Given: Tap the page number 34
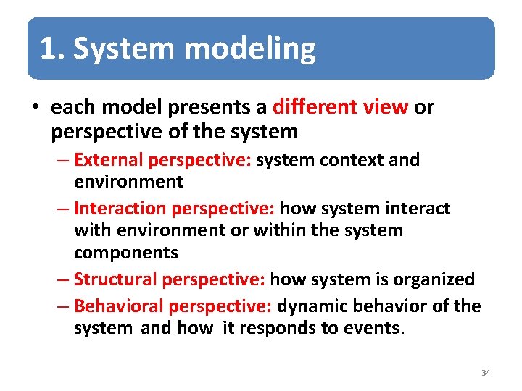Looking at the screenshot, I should [486, 373].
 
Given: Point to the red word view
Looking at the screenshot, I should [389, 107].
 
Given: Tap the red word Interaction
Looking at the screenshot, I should [120, 209].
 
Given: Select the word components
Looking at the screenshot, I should [125, 253].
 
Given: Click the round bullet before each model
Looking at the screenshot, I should [36, 108].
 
